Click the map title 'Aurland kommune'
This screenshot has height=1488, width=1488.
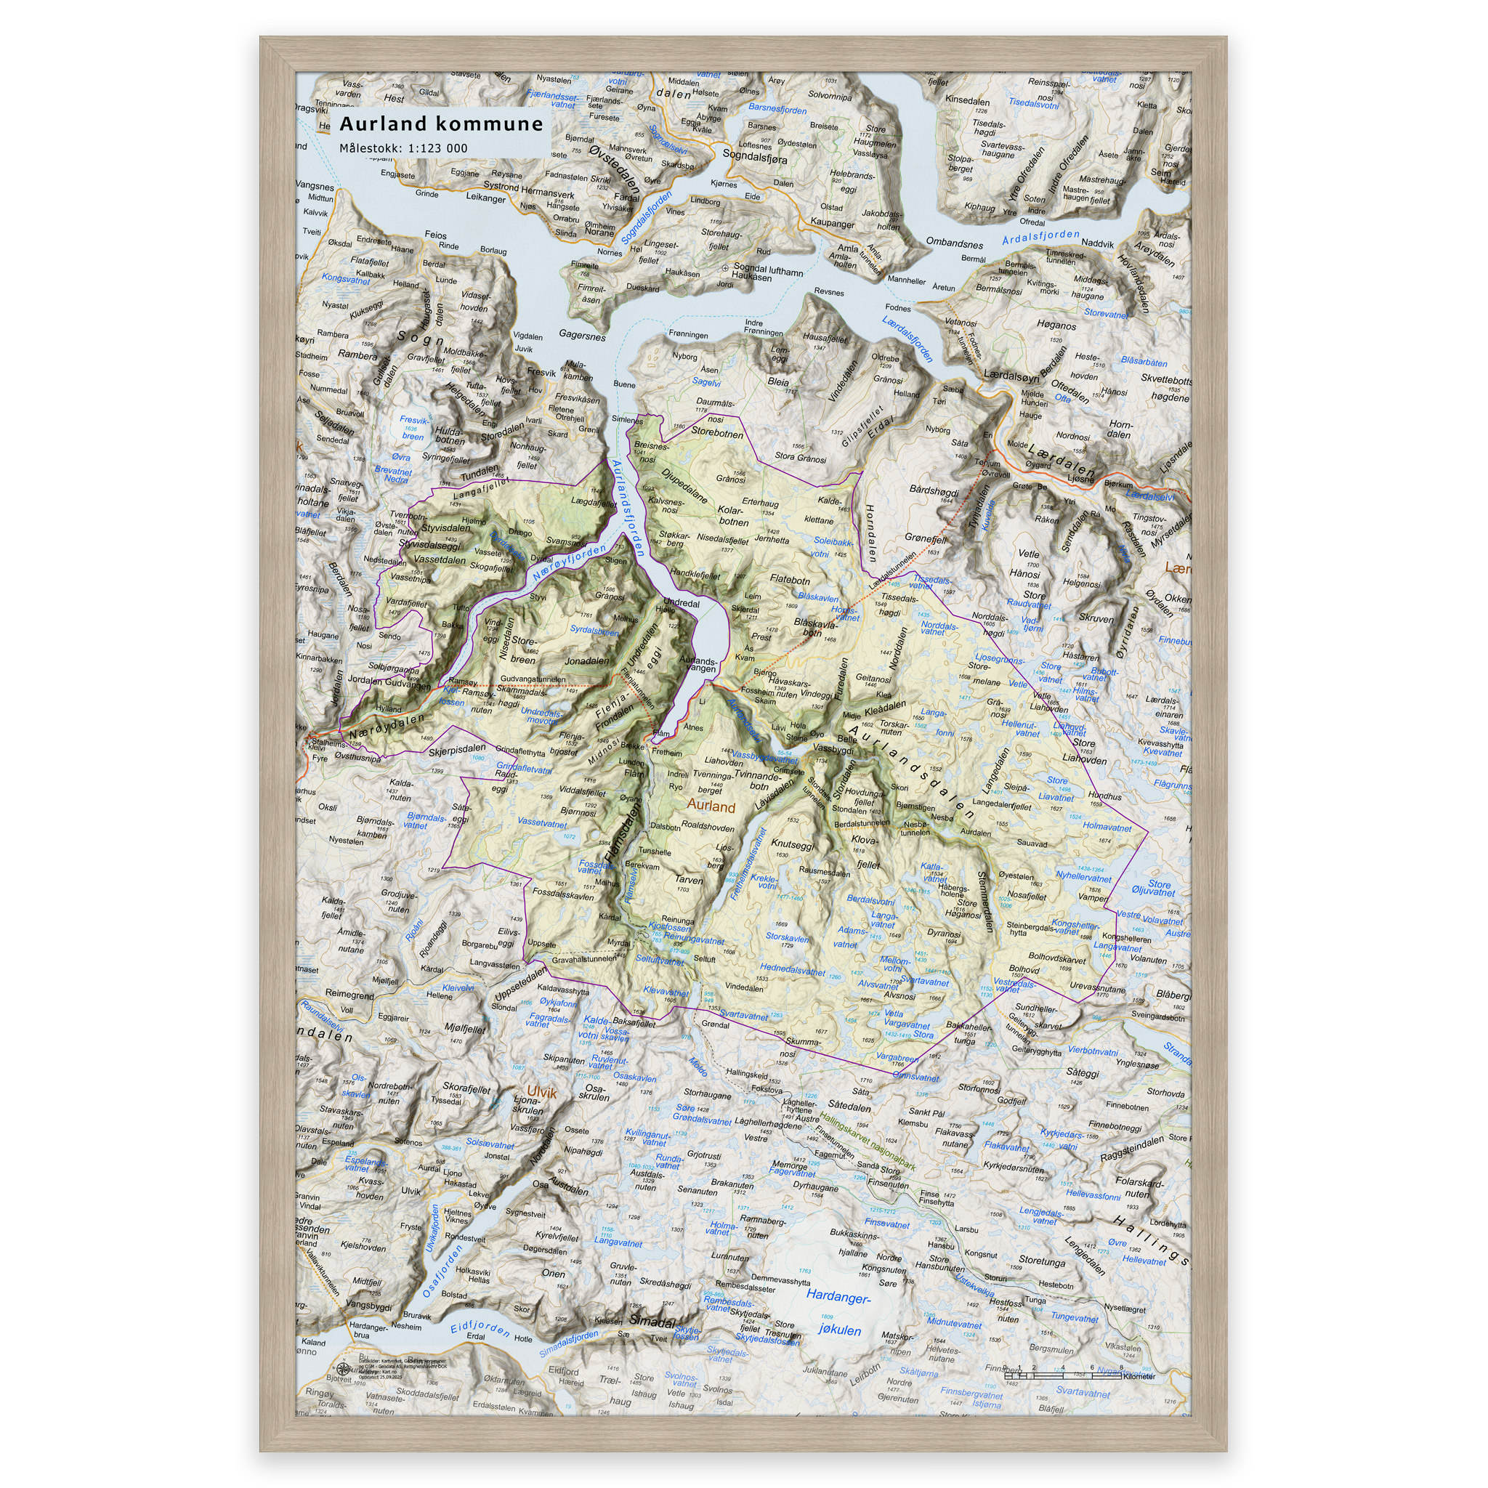click(x=441, y=124)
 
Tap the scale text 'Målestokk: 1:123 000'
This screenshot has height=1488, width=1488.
click(x=403, y=148)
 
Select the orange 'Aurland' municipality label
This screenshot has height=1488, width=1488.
click(x=711, y=806)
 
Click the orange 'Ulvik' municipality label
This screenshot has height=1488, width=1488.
click(x=541, y=1092)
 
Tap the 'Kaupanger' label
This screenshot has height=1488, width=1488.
click(x=832, y=224)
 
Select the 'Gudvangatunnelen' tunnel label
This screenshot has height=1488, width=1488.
click(x=533, y=679)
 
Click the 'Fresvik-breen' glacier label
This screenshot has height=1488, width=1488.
click(x=413, y=428)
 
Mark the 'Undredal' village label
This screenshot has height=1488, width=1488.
click(x=681, y=603)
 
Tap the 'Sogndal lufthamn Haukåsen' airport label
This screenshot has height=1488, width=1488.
click(x=767, y=272)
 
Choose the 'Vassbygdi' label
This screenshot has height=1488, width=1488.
click(x=833, y=748)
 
